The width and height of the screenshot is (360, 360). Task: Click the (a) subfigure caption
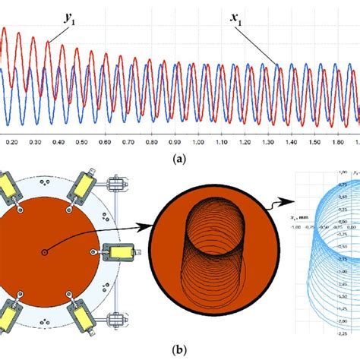(179, 159)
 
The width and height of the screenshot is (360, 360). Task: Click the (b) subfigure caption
(179, 351)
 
